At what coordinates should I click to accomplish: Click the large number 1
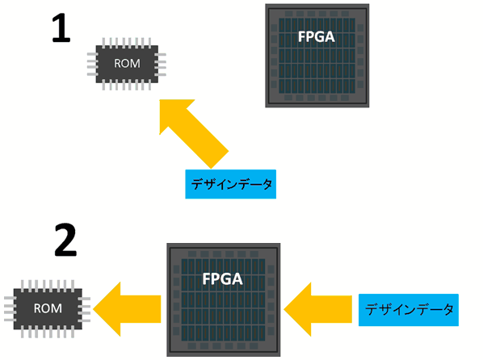click(x=61, y=28)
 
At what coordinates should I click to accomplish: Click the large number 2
click(x=65, y=240)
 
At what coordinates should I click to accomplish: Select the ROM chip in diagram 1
click(x=127, y=64)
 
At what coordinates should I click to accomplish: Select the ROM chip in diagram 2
click(x=48, y=308)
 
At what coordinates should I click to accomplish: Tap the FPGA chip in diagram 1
click(x=317, y=56)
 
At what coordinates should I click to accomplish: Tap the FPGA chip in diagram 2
click(x=224, y=299)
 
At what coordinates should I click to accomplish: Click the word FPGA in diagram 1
click(x=317, y=37)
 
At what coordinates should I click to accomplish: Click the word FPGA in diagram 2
click(x=222, y=279)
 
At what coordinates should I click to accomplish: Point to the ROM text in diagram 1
click(x=127, y=64)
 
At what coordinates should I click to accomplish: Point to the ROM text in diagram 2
click(x=48, y=308)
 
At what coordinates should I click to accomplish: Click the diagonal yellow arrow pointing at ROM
click(x=194, y=134)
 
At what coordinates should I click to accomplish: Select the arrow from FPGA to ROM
click(x=127, y=309)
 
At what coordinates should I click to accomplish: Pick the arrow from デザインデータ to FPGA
click(x=318, y=309)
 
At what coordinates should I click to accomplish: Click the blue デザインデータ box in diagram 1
click(x=231, y=184)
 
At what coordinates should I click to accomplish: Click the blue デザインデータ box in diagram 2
click(x=409, y=310)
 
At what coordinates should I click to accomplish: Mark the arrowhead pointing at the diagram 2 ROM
click(x=107, y=309)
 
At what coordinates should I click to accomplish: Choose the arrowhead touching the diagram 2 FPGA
click(x=297, y=309)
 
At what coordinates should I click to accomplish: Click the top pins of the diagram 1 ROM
click(x=127, y=43)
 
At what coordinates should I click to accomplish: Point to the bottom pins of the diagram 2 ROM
click(x=48, y=333)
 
